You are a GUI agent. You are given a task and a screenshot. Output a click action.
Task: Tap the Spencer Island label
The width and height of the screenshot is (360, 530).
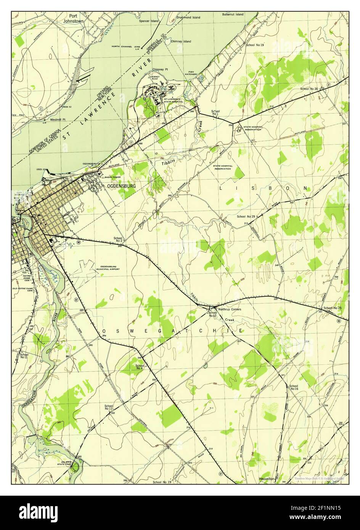coord(149,21)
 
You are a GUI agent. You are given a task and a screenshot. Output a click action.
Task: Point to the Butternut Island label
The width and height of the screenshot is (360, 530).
coord(233,14)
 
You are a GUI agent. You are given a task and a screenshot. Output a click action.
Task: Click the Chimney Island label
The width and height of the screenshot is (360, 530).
coord(181,41)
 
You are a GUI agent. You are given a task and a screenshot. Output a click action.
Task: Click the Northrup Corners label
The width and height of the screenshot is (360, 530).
coord(230,309)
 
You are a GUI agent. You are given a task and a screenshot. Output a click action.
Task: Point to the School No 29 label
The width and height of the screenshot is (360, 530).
coord(246,217)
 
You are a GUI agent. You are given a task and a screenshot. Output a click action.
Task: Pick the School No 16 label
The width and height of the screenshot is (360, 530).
coord(294,387)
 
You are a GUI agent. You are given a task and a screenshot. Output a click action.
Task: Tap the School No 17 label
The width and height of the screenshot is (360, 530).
coord(109,408)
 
